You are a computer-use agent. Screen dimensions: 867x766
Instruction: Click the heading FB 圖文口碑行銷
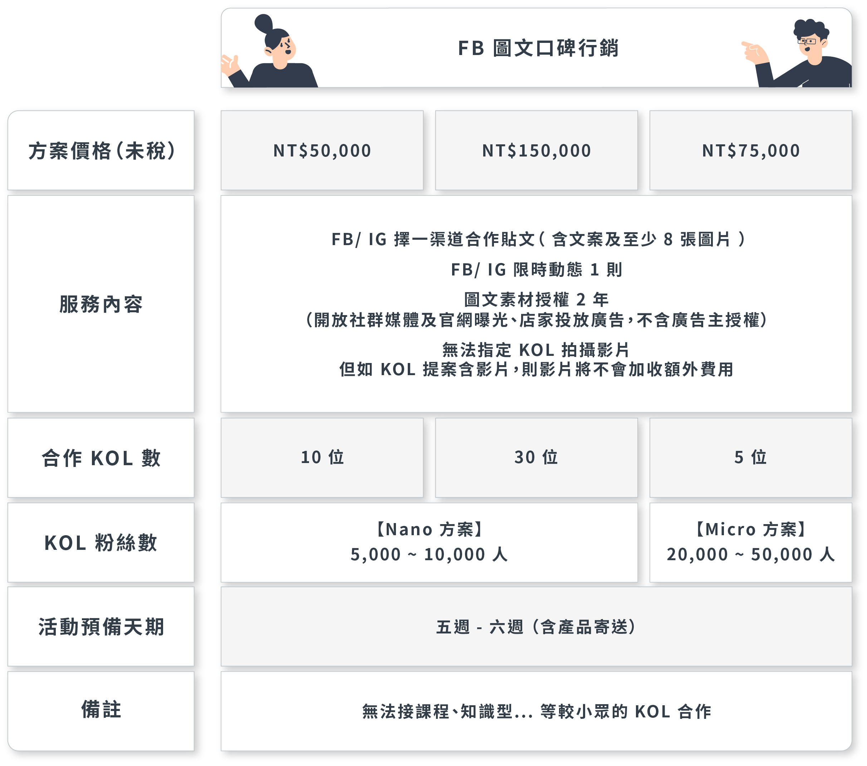tap(538, 48)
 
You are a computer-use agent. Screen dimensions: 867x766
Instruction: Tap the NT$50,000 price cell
tap(322, 151)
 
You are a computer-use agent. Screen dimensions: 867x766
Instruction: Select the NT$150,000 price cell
tap(537, 151)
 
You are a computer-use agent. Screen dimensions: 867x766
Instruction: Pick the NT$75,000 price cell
tap(751, 151)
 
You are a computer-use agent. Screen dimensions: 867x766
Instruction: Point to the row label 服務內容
tap(101, 304)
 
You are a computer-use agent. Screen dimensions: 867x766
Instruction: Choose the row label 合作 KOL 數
tap(101, 458)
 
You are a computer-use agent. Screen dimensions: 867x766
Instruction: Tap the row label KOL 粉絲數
tap(101, 543)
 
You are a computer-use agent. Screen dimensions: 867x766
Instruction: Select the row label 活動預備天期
tap(101, 627)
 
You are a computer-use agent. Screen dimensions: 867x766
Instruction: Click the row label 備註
tap(101, 709)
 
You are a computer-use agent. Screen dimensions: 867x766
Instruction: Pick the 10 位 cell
tap(322, 457)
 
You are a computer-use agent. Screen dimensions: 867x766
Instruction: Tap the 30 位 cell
tap(536, 457)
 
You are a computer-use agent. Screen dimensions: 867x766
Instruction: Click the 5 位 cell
tap(750, 457)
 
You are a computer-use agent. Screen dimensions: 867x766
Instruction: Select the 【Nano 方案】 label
tap(429, 529)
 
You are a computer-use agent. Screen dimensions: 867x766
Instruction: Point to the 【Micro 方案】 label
tap(750, 529)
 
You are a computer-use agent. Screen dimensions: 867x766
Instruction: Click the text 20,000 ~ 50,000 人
tap(750, 554)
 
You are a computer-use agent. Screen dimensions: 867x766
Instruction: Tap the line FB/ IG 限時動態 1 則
tap(537, 269)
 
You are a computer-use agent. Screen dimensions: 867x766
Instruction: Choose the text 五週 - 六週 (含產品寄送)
tap(537, 627)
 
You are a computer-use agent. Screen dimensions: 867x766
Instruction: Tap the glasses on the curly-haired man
tap(807, 41)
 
